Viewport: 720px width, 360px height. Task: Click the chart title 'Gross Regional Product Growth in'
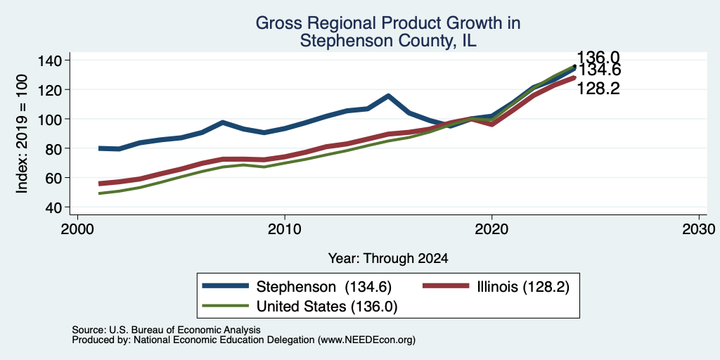pos(388,23)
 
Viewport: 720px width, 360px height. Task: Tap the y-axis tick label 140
pos(50,60)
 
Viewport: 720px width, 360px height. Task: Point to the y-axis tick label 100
pos(50,119)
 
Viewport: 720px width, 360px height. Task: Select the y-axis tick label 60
pos(53,178)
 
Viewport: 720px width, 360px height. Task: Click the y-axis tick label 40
pos(53,207)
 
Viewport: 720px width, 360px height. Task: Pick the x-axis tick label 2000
pos(77,229)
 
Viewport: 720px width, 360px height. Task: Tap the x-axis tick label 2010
pos(285,229)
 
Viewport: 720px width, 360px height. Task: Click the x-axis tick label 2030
pos(699,229)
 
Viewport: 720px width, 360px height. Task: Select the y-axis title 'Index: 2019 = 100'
pos(22,134)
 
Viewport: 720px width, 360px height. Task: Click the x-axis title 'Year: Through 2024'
pos(388,259)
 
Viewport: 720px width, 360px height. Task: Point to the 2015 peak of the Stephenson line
pos(388,96)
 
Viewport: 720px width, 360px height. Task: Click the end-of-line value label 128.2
pos(598,89)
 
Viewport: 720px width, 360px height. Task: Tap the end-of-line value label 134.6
pos(598,70)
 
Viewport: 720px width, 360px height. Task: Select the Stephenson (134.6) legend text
pos(323,287)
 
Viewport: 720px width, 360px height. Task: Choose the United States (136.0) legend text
pos(326,307)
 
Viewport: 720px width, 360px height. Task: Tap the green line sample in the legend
pos(226,306)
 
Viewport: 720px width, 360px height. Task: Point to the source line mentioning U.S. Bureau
pos(166,330)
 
